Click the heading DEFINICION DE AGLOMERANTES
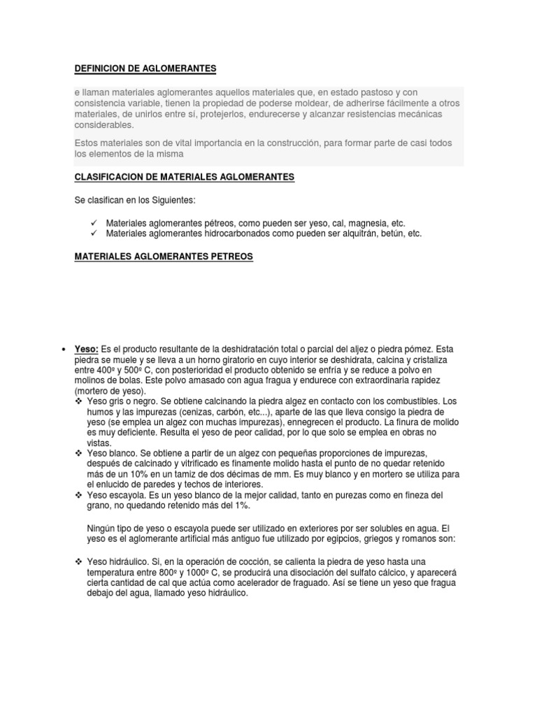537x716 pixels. point(145,69)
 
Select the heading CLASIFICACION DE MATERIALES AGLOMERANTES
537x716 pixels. point(185,178)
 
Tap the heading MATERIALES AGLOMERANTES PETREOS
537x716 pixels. point(164,257)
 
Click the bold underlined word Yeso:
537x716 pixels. point(87,349)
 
